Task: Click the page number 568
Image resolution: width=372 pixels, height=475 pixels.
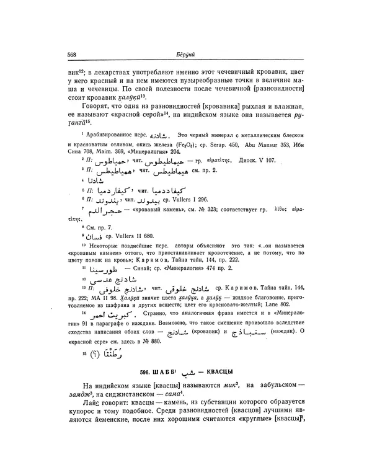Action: pos(71,55)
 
